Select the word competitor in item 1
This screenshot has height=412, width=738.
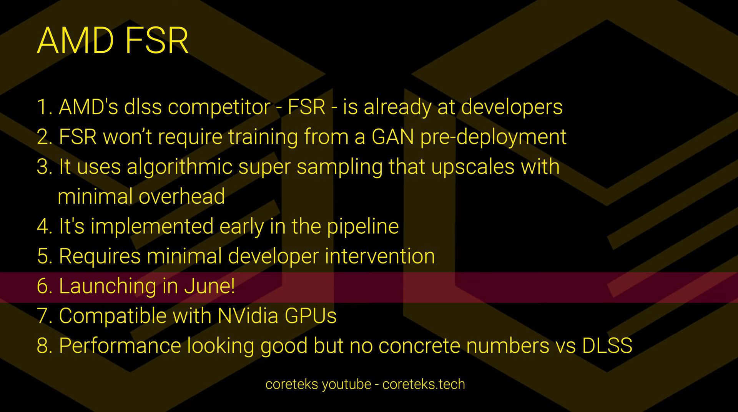(x=219, y=107)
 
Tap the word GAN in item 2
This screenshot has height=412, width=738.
(x=393, y=137)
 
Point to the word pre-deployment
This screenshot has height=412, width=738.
(x=493, y=137)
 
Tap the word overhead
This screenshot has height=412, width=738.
(x=181, y=196)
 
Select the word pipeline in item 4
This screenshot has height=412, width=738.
(x=363, y=227)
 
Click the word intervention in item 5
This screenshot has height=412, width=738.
(x=380, y=256)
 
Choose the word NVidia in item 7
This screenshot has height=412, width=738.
(x=248, y=316)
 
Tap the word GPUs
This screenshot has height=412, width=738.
(x=311, y=316)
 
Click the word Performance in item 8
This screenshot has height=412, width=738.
(x=120, y=345)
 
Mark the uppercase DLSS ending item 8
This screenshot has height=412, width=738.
(x=607, y=345)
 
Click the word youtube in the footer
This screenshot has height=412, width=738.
(x=346, y=384)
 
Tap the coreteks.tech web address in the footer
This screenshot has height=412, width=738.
(x=424, y=384)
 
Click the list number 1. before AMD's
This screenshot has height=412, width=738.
(x=44, y=107)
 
